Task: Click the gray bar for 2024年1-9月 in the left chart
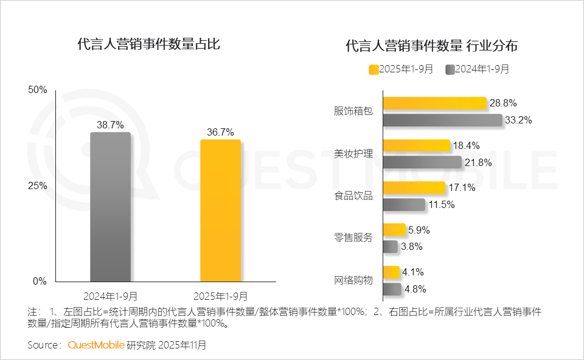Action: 110,207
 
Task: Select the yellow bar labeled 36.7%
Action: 220,210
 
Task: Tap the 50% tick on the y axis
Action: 38,90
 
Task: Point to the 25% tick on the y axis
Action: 38,185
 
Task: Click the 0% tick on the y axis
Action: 40,281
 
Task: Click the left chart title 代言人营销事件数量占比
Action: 148,44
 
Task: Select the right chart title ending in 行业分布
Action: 431,46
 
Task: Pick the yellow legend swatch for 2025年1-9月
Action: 374,69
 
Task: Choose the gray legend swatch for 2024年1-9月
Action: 450,69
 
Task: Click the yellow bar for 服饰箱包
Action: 434,103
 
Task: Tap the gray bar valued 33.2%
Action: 442,120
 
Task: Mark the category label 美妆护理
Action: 353,154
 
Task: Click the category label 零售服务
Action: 353,238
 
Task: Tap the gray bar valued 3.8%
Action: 390,246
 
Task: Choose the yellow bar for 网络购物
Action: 391,272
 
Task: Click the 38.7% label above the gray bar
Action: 110,125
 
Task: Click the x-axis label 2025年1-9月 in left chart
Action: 220,296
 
